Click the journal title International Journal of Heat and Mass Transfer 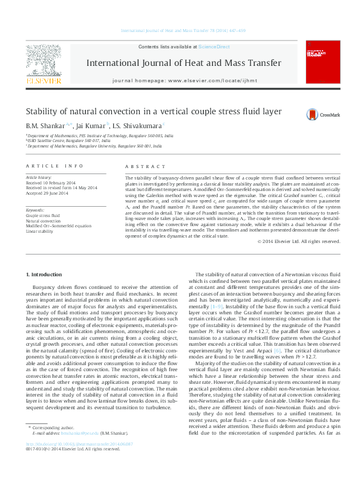(x=183, y=63)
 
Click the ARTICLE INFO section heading (x=54, y=166)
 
